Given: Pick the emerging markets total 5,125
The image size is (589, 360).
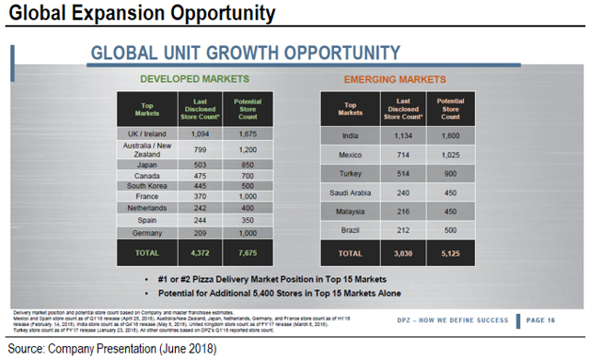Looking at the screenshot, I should [450, 252].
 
